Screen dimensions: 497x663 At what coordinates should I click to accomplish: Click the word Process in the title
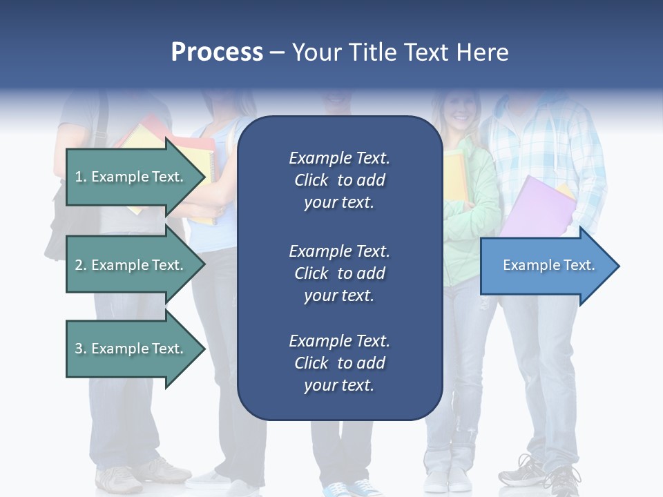point(217,52)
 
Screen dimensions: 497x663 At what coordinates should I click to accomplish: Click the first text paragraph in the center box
point(339,180)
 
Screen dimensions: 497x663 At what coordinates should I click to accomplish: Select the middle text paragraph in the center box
point(339,273)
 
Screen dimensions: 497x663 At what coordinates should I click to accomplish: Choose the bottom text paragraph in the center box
point(339,363)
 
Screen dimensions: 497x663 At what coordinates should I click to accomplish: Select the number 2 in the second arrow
point(79,265)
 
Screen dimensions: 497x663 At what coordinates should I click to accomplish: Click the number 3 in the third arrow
point(79,349)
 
